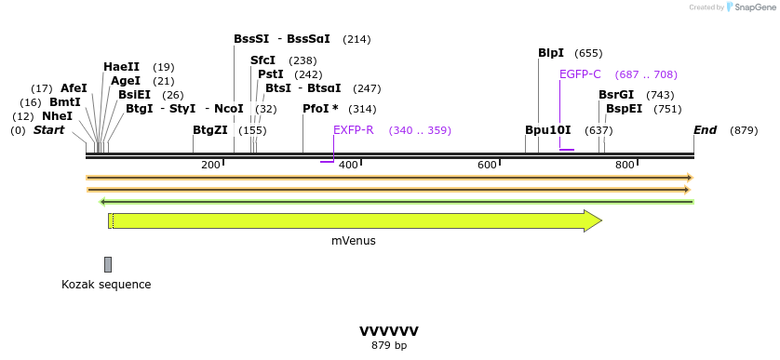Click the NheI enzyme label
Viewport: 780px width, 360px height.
point(57,116)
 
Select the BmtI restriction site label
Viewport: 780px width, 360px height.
point(65,102)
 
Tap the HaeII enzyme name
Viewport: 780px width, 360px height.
point(121,67)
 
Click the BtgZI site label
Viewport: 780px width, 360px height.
point(210,130)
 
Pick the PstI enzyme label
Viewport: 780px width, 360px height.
point(271,74)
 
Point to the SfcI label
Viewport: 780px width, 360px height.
point(263,60)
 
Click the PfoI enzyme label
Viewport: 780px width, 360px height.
point(320,109)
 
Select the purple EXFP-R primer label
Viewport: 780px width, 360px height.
point(354,130)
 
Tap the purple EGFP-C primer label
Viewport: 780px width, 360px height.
point(580,74)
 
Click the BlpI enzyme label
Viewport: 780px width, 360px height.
point(551,53)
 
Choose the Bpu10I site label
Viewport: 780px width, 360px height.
point(548,130)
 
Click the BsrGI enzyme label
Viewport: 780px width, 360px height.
point(616,95)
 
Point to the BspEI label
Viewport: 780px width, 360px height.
point(624,109)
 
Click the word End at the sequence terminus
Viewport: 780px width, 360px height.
point(705,130)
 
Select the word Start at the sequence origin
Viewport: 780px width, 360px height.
point(48,130)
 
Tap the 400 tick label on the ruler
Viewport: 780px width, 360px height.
point(348,165)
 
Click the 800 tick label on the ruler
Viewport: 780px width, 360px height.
point(625,165)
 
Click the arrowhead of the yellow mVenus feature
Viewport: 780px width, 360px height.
point(593,220)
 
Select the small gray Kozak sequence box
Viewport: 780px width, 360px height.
point(108,264)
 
